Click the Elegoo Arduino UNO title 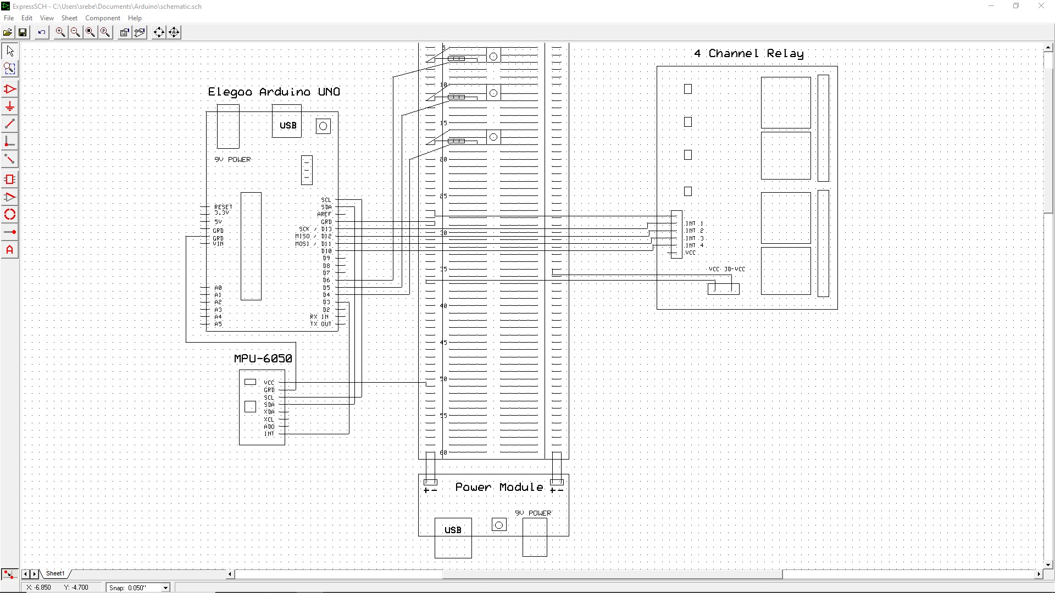tap(274, 92)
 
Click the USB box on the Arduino tap(287, 125)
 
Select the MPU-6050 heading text tap(263, 359)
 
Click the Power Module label tap(499, 487)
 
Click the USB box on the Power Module tap(453, 530)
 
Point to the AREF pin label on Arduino tap(324, 214)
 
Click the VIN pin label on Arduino tap(218, 244)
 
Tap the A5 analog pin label tap(218, 324)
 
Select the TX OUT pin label tap(321, 324)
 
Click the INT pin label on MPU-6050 tap(269, 434)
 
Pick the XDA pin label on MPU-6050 tap(269, 412)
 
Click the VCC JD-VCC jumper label tap(726, 269)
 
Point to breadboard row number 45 tap(443, 343)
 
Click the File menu tap(9, 18)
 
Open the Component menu tap(102, 18)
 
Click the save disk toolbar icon tap(23, 32)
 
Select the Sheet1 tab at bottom tap(55, 573)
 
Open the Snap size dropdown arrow tap(165, 588)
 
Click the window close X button tap(1041, 6)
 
